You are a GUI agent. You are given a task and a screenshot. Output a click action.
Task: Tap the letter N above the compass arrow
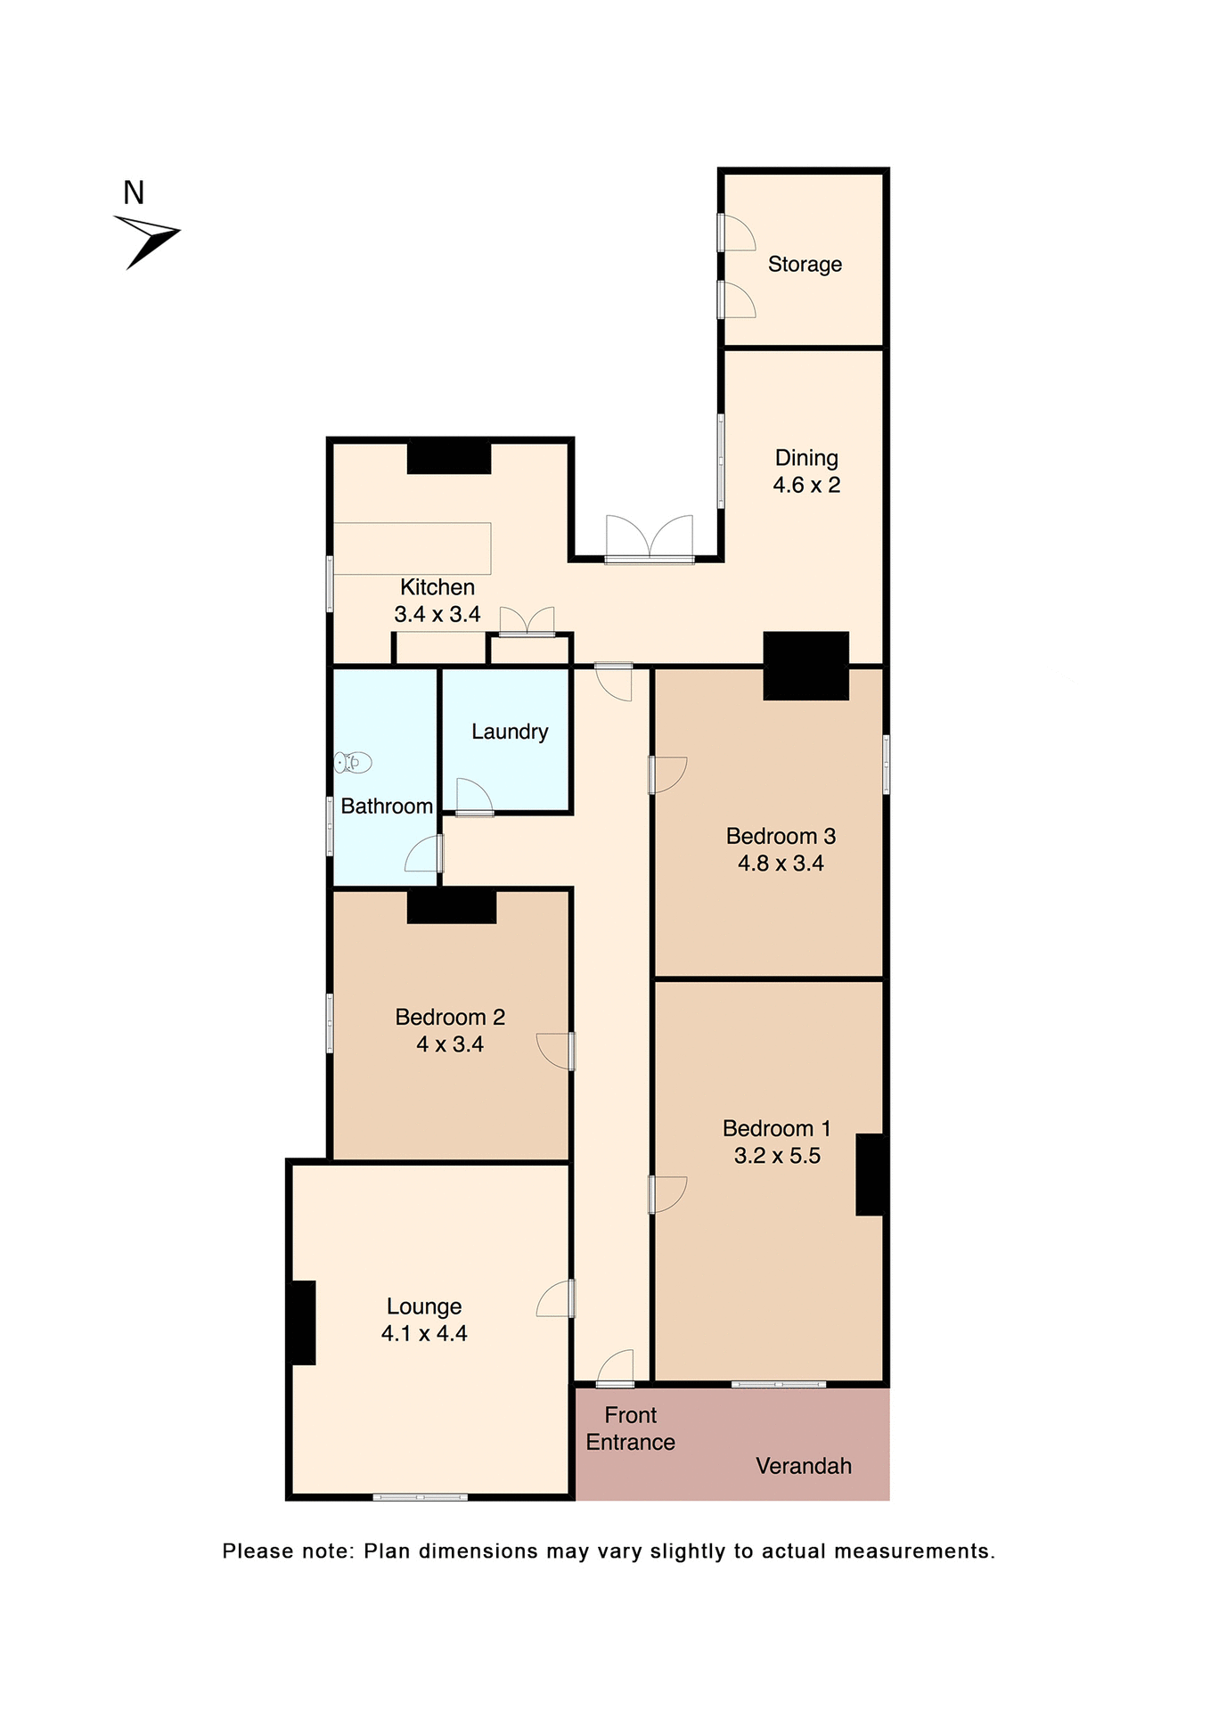point(134,192)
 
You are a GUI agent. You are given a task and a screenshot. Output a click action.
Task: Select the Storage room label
point(805,265)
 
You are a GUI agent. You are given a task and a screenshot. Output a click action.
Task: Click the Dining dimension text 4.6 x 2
point(806,486)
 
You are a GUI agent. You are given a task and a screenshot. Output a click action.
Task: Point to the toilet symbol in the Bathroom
point(353,763)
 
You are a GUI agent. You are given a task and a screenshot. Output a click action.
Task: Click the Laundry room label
point(510,732)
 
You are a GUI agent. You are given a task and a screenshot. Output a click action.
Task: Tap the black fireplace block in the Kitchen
point(449,458)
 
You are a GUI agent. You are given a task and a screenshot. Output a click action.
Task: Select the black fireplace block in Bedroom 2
point(451,907)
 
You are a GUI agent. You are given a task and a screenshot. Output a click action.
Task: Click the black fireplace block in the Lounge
point(303,1322)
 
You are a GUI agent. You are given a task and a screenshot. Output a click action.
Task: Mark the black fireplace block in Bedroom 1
point(870,1175)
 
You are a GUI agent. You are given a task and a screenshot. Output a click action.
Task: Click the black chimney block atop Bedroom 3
point(805,666)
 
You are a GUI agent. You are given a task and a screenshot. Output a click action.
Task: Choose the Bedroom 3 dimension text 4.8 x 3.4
point(781,864)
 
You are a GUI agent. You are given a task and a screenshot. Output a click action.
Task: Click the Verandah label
point(803,1466)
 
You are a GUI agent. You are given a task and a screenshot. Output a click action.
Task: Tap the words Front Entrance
point(630,1429)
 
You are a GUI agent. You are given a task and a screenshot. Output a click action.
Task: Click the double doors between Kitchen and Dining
point(650,538)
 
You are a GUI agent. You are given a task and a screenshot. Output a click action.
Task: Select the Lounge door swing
point(554,1299)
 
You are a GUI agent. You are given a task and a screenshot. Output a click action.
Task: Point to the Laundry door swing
point(473,797)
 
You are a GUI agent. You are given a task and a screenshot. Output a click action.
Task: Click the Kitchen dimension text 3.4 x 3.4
point(437,615)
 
